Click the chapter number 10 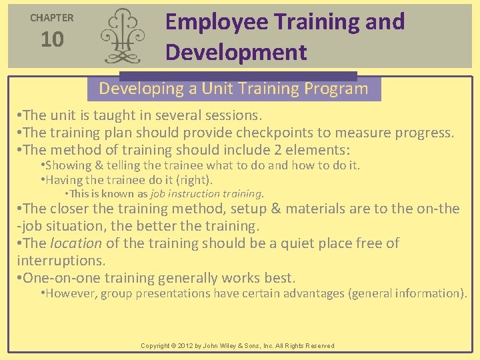tap(52, 40)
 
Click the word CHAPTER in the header tap(52, 18)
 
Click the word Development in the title tap(236, 52)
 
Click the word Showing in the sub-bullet tap(66, 165)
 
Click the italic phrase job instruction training tap(206, 194)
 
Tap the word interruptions tap(61, 261)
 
